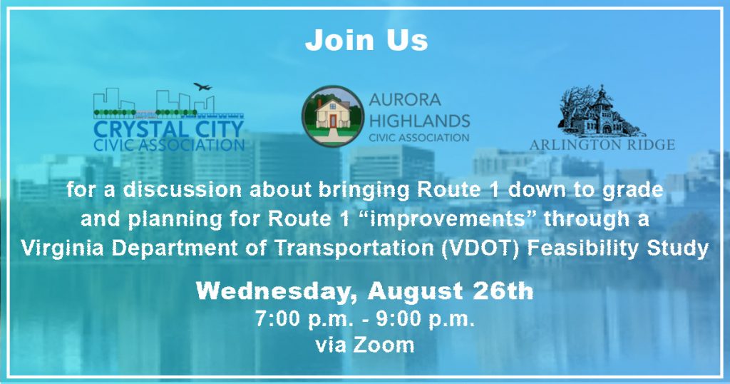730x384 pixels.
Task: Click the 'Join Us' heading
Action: (366, 40)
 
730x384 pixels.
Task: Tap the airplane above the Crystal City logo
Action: (202, 86)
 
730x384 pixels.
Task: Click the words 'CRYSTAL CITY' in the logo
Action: (168, 129)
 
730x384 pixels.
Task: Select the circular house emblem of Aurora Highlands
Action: (332, 116)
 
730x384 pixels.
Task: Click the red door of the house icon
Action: (332, 121)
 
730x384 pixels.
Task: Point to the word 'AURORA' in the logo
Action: (405, 100)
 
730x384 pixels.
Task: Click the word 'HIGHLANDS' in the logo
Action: (419, 121)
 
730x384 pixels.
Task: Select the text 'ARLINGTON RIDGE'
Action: (602, 145)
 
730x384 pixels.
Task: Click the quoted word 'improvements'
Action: (446, 220)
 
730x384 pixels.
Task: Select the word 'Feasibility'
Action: (584, 248)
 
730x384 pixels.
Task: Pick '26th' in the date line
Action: (503, 290)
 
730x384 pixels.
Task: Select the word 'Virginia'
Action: (63, 248)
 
